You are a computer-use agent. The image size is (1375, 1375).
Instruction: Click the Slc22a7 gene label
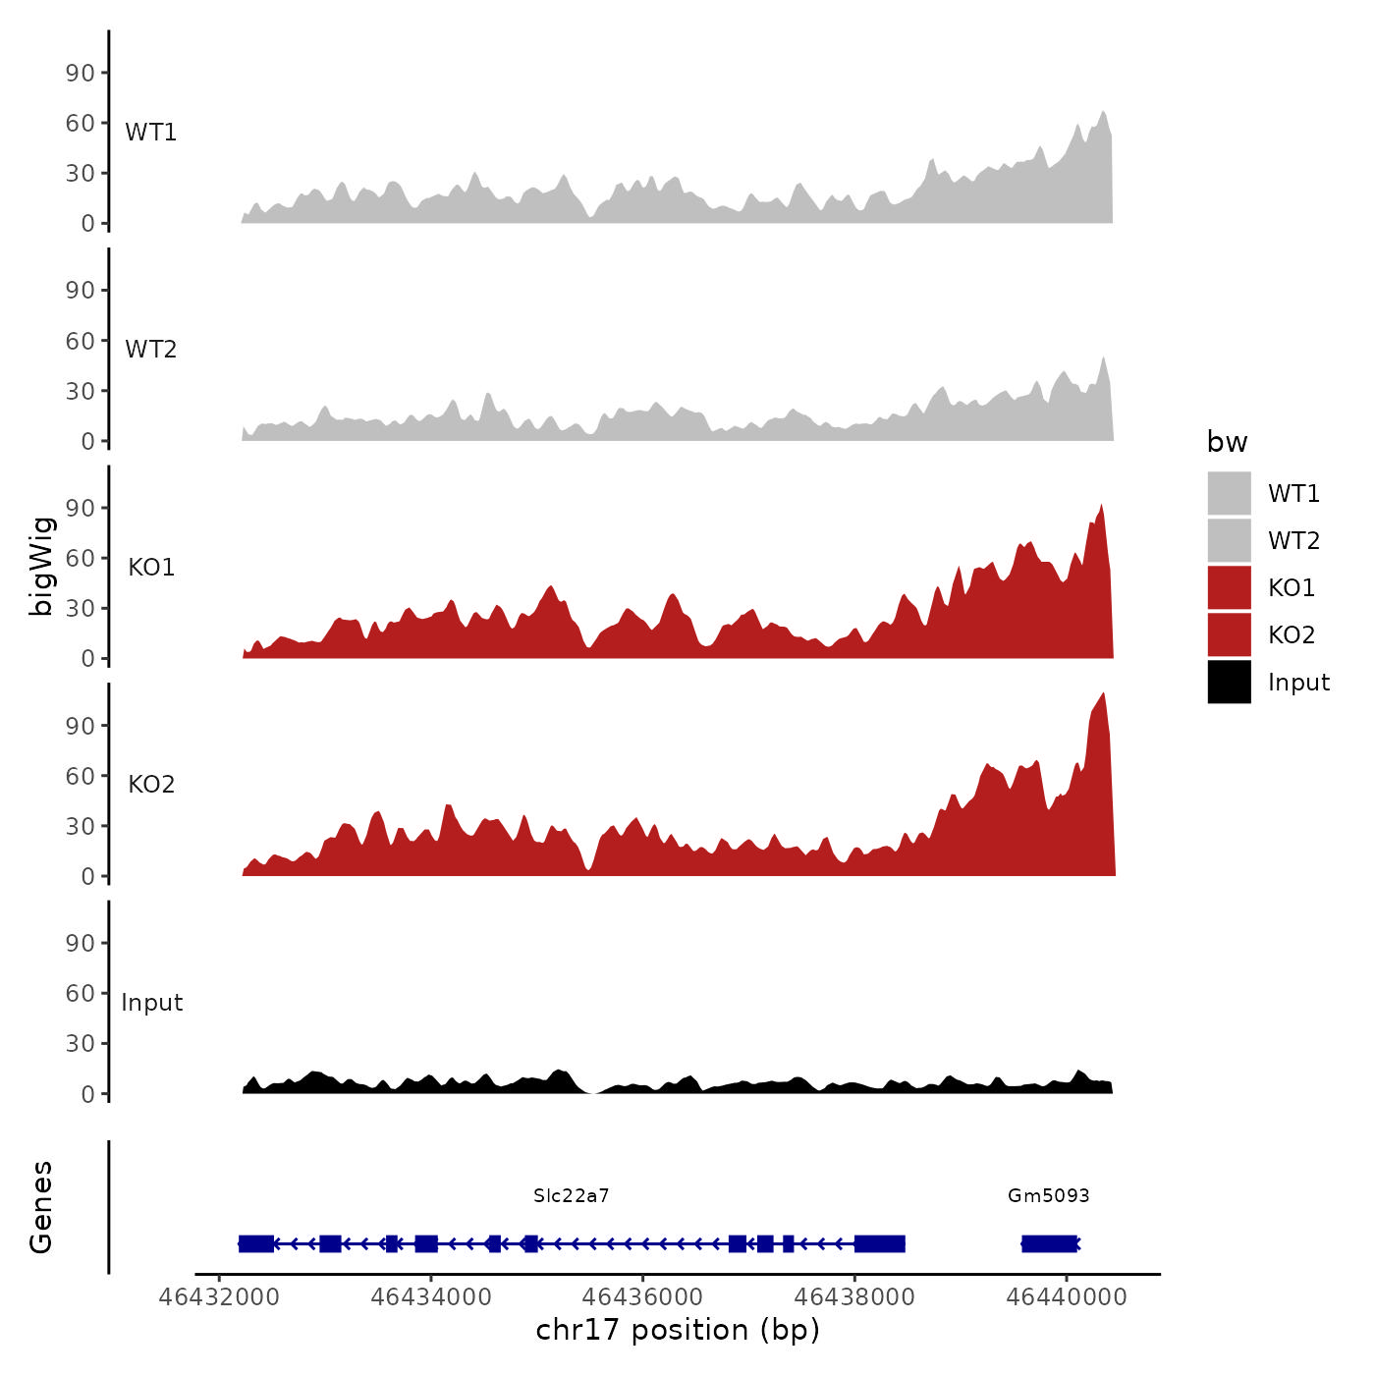(571, 1195)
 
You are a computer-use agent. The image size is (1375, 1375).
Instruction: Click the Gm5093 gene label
(1048, 1195)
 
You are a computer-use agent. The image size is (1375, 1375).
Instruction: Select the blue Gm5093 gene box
(1049, 1243)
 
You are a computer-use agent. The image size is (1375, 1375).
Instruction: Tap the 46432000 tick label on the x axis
(219, 1296)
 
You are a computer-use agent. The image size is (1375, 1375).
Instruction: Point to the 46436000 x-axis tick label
(642, 1296)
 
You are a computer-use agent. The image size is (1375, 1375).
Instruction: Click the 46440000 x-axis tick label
(1066, 1296)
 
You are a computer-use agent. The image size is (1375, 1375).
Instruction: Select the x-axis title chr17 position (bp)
(678, 1330)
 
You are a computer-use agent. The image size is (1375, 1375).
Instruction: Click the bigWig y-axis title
(41, 566)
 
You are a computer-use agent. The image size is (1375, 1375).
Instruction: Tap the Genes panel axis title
(41, 1207)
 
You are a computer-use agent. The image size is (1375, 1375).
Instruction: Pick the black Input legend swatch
(1229, 682)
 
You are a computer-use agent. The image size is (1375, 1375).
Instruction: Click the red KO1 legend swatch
(1229, 587)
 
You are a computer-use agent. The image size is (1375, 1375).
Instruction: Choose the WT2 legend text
(1293, 540)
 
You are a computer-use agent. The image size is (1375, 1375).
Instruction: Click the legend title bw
(1227, 442)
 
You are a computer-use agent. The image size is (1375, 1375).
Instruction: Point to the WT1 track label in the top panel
(150, 132)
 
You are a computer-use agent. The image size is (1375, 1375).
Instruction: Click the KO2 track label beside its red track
(151, 784)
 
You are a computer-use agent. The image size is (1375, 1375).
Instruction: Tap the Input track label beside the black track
(151, 1002)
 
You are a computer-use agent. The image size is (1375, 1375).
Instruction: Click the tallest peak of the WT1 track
(1103, 113)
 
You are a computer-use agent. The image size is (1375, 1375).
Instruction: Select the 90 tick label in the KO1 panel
(81, 508)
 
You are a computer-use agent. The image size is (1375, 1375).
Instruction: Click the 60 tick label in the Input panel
(81, 993)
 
